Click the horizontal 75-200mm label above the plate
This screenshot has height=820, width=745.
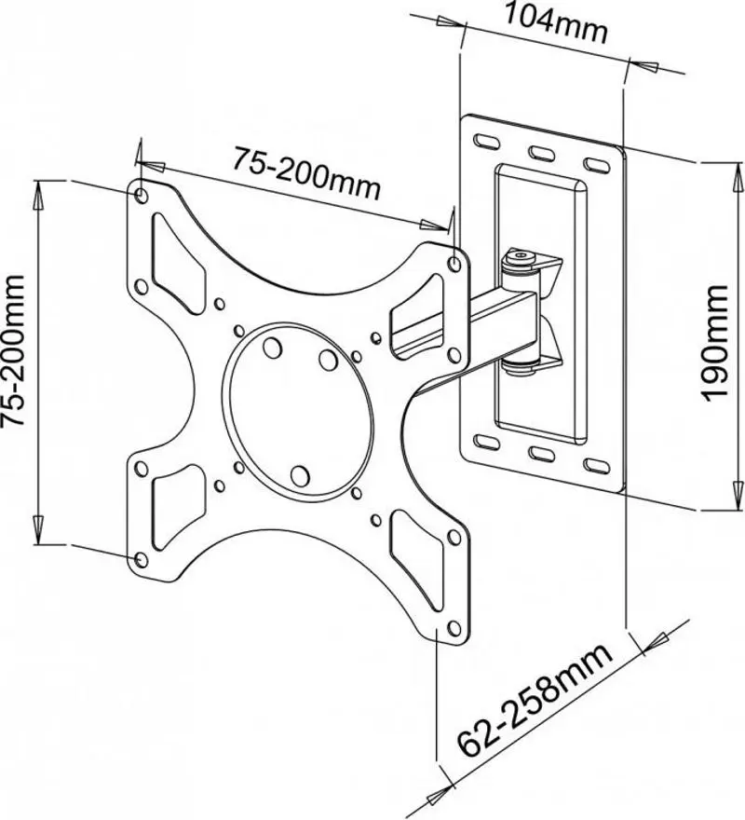click(305, 172)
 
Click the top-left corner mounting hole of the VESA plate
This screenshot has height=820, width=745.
click(141, 196)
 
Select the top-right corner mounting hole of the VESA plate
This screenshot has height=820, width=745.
click(454, 263)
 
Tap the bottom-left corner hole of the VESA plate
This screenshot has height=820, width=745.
click(141, 557)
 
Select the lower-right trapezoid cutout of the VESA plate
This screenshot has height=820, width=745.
click(419, 550)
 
